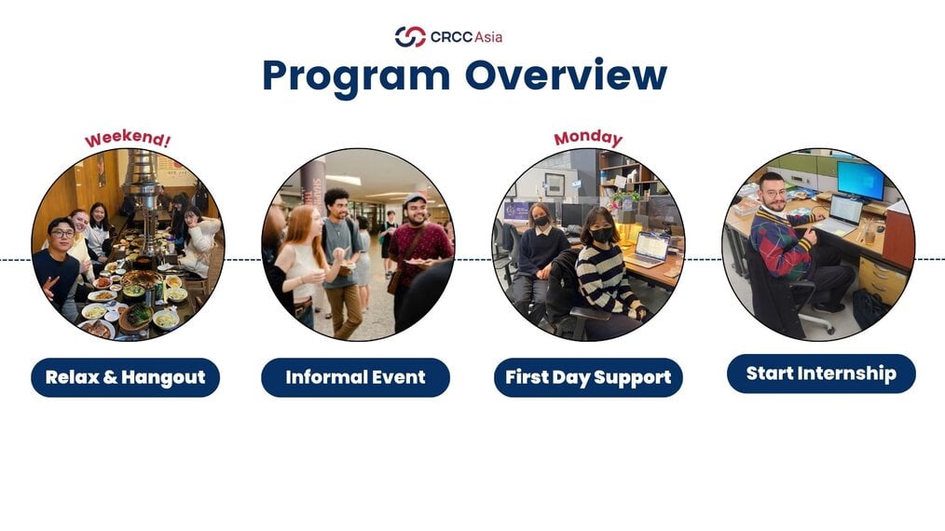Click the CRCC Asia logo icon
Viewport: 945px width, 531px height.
410,36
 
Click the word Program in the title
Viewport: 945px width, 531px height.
356,77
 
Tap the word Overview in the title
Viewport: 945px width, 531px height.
566,75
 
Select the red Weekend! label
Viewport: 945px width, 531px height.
127,138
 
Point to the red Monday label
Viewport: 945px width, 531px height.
588,138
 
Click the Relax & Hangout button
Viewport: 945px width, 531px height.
126,377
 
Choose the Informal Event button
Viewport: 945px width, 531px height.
356,377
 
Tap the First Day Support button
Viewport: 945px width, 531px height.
588,377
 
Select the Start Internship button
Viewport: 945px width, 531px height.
821,374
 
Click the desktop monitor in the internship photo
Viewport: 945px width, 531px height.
860,179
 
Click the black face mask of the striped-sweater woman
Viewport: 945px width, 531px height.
601,235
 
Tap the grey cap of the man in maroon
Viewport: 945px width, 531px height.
415,198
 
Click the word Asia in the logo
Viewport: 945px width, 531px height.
488,37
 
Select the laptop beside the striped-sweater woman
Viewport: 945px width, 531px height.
648,250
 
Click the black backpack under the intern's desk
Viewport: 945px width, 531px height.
869,308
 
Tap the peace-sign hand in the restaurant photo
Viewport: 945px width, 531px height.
49,286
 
